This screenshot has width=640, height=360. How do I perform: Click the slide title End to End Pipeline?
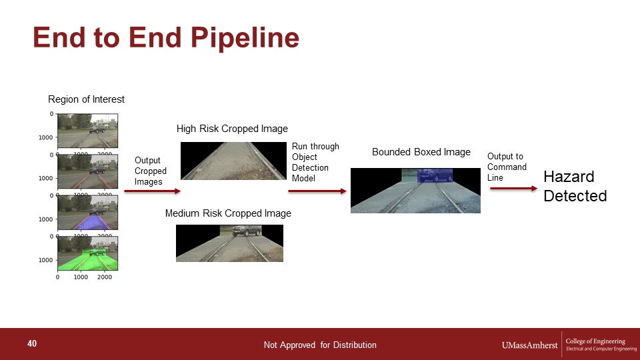[166, 37]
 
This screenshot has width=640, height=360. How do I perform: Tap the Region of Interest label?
[86, 99]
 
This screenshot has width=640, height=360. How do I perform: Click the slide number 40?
[32, 343]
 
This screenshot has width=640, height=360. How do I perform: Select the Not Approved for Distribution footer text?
[320, 345]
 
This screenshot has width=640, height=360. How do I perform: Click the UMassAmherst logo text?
[529, 345]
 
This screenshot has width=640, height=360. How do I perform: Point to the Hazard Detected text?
[575, 186]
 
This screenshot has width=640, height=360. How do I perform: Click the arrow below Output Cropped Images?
[152, 191]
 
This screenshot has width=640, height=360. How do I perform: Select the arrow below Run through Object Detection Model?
[317, 191]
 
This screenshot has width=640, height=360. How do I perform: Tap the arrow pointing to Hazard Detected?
[514, 189]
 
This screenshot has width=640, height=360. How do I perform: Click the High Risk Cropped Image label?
[232, 129]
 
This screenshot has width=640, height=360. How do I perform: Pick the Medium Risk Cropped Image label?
[228, 213]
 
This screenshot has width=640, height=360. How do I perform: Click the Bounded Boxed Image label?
[421, 152]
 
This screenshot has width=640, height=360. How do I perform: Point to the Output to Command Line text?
[507, 167]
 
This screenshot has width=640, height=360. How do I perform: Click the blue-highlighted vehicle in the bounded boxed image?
[435, 175]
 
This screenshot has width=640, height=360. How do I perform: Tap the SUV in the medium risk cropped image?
[246, 231]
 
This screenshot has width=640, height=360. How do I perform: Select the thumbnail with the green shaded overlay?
[88, 253]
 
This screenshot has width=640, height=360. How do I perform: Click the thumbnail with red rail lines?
[88, 171]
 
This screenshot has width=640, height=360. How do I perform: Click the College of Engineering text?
[595, 341]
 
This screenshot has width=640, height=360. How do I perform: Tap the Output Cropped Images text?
[151, 171]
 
